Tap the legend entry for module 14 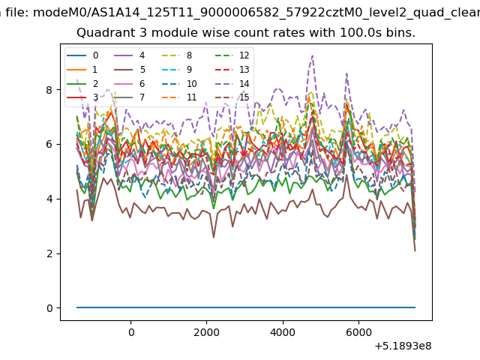[x=232, y=83]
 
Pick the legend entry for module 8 [x=177, y=55]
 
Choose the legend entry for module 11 [x=178, y=97]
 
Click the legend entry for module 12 [x=232, y=55]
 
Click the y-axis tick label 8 [x=49, y=90]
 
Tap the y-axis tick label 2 [x=49, y=253]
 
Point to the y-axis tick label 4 [x=49, y=199]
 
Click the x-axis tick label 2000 [x=207, y=332]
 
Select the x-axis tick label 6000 [x=358, y=332]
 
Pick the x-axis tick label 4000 [x=283, y=332]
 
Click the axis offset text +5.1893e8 [x=403, y=346]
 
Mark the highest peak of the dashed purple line [x=312, y=55]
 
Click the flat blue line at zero [x=246, y=307]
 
